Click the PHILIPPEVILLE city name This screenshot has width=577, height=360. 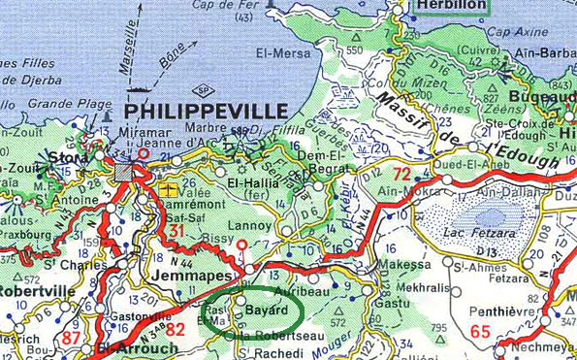click(206, 111)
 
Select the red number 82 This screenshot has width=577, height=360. click(176, 329)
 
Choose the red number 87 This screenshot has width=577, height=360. click(70, 336)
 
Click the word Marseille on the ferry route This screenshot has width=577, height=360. click(130, 47)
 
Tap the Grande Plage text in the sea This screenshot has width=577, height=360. click(57, 103)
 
